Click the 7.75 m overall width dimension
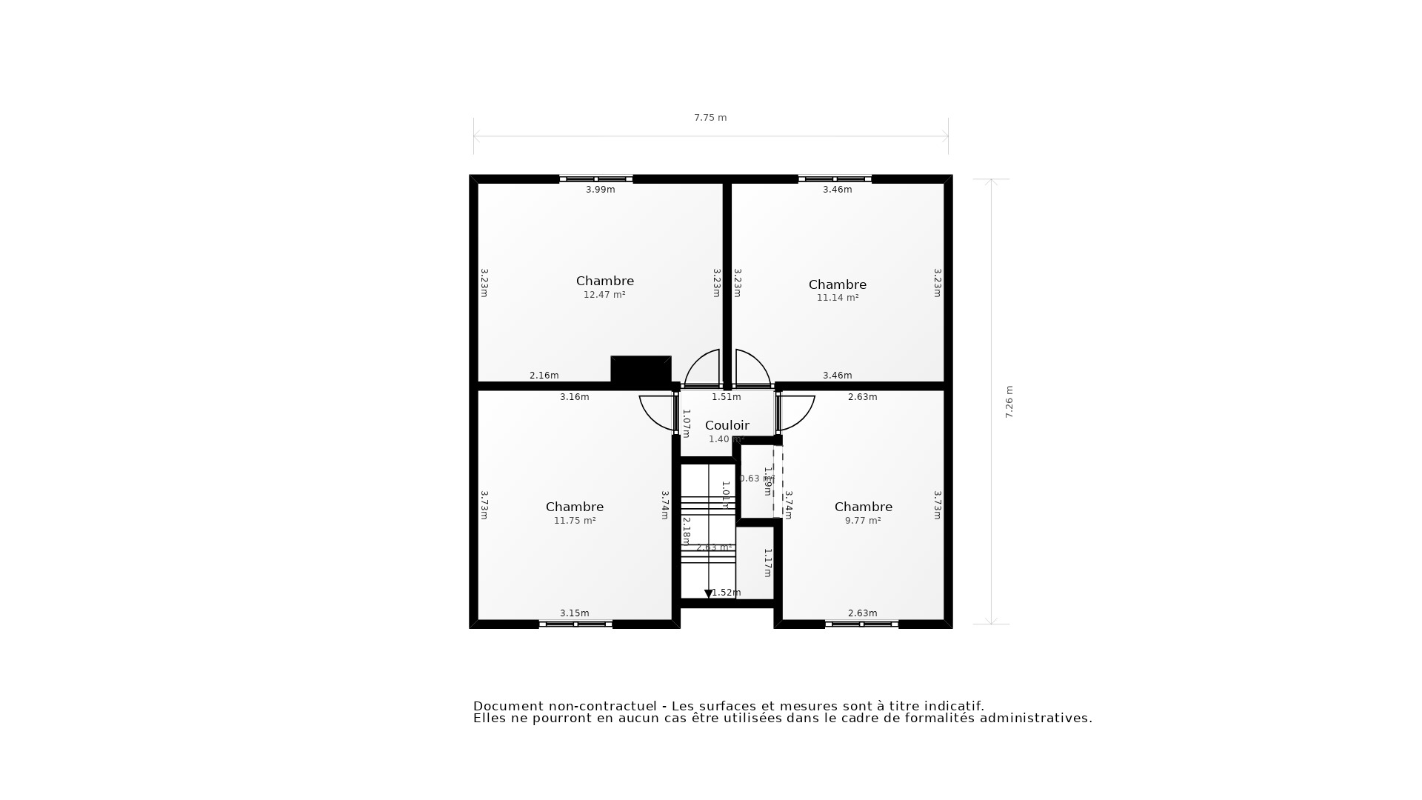[x=710, y=118]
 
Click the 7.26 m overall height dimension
[x=1009, y=402]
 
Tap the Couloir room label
[x=727, y=425]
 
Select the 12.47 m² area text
[x=604, y=295]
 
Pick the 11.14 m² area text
[x=837, y=298]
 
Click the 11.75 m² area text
[x=574, y=521]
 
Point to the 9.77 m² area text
[x=862, y=521]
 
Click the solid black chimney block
[x=641, y=369]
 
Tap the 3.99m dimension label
[x=600, y=190]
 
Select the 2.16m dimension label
[x=544, y=376]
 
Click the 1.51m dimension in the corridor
[x=726, y=397]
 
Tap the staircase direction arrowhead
[x=708, y=593]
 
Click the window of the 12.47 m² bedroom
[x=595, y=179]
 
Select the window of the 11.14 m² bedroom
[x=835, y=179]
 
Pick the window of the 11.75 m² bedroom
[x=575, y=624]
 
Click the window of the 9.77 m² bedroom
[x=861, y=624]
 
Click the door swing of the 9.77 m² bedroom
[x=796, y=413]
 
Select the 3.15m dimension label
[x=574, y=613]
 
